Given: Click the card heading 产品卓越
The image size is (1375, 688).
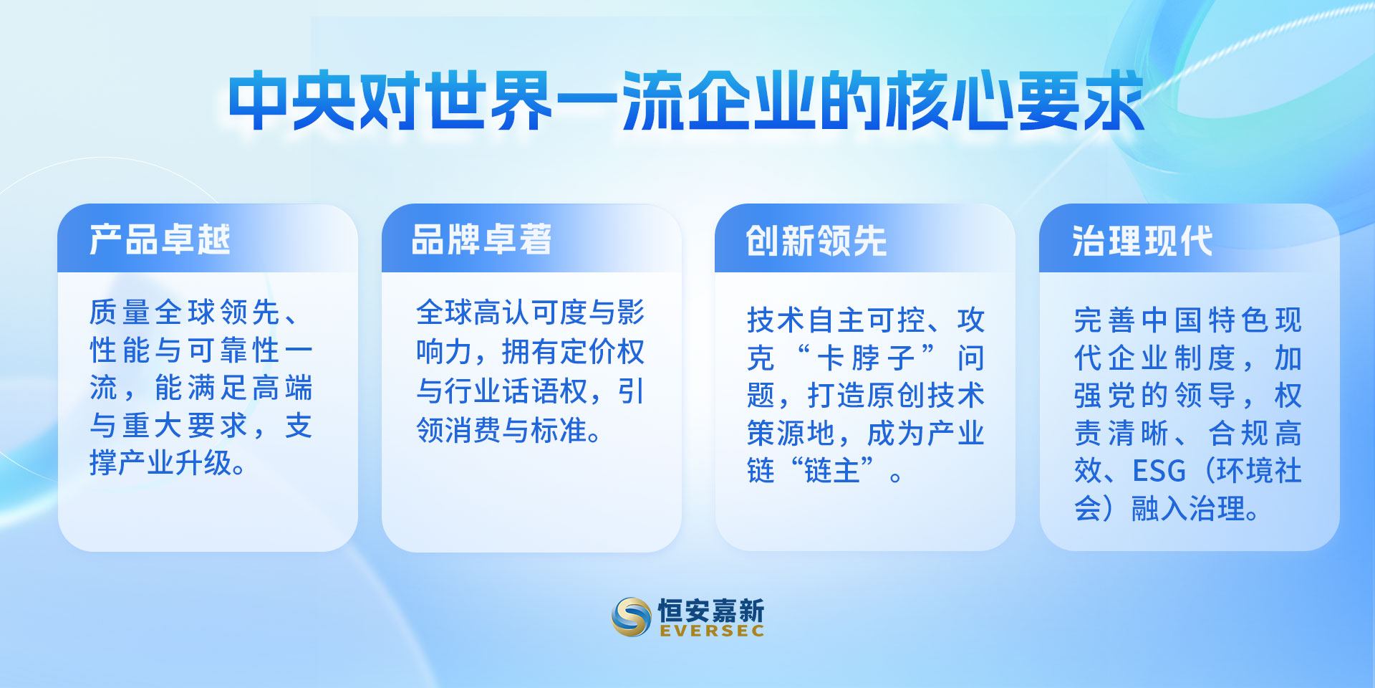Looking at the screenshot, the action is click(x=160, y=239).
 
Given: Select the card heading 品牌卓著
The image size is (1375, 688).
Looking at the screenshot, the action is click(x=481, y=239).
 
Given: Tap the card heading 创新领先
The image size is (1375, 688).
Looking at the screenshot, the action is click(x=816, y=241).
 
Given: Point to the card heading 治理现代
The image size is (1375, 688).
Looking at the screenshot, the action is click(x=1142, y=241).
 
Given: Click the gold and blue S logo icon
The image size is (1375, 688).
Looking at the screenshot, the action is click(x=632, y=616).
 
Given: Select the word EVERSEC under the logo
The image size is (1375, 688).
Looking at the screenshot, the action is click(x=712, y=631).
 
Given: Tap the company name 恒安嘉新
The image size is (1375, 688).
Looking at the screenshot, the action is click(x=711, y=610).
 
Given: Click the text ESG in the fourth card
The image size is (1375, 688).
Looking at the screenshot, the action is click(x=1159, y=472).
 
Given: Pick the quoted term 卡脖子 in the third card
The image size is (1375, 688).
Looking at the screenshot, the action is click(x=866, y=358).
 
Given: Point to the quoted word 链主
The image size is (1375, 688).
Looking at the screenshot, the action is click(x=831, y=471).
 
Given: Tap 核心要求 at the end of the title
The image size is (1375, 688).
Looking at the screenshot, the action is click(x=1015, y=101).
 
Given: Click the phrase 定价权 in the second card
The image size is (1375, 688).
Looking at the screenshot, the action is click(x=602, y=352).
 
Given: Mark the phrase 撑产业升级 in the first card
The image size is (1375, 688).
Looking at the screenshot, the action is click(x=161, y=463).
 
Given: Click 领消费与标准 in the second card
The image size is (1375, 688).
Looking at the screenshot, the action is click(x=502, y=431).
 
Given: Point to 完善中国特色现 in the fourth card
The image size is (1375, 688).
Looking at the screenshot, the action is click(x=1188, y=320).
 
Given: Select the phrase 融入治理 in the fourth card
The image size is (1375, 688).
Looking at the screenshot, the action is click(x=1189, y=509).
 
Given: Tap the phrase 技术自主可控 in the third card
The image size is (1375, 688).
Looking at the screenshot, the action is click(x=836, y=320).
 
